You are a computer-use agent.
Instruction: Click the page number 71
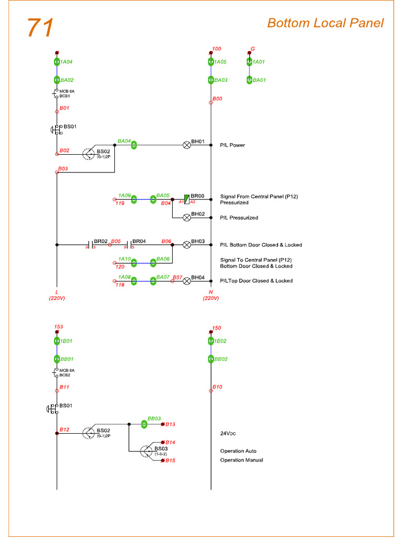tap(40, 28)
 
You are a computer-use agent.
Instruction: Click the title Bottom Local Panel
tap(325, 23)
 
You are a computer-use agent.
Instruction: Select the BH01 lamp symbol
tap(186, 145)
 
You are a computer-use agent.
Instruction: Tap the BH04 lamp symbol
tap(186, 281)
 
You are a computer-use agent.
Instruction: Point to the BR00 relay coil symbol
tap(186, 199)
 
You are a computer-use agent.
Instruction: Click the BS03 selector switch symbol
tap(146, 451)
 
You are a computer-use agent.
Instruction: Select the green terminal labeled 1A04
tap(57, 62)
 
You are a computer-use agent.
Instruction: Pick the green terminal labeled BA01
tap(250, 80)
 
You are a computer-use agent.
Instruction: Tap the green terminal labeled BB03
tap(145, 424)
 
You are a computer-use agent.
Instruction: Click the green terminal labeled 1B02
tap(211, 341)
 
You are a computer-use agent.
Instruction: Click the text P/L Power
tap(232, 145)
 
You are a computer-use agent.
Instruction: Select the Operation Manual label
tap(241, 460)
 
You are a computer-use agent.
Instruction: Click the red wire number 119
tap(120, 204)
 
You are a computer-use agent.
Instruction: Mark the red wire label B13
tap(171, 424)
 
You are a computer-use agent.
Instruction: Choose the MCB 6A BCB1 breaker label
tap(65, 93)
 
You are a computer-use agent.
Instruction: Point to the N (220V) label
tap(211, 295)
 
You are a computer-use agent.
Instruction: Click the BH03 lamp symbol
tap(186, 244)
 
